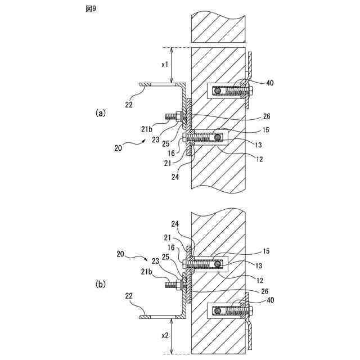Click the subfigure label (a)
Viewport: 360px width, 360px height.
[x=101, y=112]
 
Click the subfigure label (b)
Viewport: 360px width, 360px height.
[x=101, y=285]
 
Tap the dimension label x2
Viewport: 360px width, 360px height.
[x=165, y=335]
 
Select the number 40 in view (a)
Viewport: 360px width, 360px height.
[x=269, y=83]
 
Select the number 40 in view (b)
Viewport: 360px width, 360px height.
[x=269, y=300]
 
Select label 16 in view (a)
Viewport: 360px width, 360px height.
[x=170, y=152]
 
